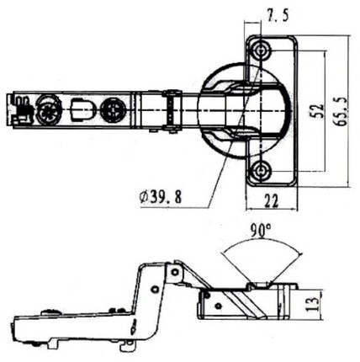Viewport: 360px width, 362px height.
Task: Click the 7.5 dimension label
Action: (278, 15)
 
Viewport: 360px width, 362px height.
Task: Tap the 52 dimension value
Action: (317, 110)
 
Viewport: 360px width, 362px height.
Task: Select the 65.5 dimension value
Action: (341, 111)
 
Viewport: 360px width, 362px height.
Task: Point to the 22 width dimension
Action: (271, 200)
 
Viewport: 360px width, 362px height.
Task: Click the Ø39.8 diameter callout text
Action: (161, 197)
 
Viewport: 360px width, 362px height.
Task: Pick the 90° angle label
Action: (261, 231)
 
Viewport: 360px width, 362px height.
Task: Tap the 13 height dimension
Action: (312, 304)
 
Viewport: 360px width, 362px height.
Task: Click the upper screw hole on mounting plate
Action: (261, 51)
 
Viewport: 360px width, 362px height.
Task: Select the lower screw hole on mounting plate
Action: (261, 170)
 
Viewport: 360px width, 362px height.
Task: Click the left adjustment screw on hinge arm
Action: (49, 109)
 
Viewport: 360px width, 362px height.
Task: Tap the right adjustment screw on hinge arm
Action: (113, 109)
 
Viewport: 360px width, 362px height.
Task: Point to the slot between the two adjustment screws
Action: (81, 109)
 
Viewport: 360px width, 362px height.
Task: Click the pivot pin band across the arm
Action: (171, 111)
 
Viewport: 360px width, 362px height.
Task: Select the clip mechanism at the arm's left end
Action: (20, 109)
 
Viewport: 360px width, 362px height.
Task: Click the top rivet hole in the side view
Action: (175, 272)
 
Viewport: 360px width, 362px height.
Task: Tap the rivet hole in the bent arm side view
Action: (154, 289)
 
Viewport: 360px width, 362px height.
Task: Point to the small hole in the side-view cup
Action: (218, 306)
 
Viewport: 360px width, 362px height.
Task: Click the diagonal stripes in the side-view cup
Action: (243, 304)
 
